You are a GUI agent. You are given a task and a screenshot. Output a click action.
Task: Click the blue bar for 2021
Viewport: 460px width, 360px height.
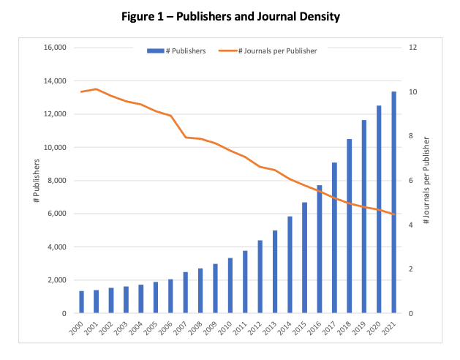(393, 202)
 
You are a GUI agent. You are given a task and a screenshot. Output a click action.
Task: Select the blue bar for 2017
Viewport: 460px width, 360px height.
(334, 238)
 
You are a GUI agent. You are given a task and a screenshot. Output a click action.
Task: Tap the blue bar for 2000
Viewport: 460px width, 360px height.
(82, 302)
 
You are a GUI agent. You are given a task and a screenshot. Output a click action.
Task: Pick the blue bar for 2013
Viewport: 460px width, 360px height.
(275, 272)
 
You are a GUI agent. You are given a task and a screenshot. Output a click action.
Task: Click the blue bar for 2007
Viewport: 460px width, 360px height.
(186, 293)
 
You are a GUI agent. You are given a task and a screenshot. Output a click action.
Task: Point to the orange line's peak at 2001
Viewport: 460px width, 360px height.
(97, 89)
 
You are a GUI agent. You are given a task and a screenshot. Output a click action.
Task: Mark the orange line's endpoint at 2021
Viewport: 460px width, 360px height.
(393, 214)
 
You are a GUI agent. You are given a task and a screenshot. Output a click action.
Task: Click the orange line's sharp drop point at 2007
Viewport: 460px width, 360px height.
(186, 138)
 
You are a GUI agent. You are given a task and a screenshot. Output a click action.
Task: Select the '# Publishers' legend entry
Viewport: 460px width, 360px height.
(176, 50)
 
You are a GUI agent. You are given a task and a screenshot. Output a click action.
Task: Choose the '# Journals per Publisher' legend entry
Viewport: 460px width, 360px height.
(268, 50)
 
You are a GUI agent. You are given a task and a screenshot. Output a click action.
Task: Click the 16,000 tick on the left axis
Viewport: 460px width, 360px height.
(55, 48)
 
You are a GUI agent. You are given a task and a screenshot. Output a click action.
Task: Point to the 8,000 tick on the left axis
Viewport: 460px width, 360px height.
(56, 180)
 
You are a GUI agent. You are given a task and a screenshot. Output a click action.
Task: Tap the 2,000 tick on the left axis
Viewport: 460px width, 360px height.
(56, 280)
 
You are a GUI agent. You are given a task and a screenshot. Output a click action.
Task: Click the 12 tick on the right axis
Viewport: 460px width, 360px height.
(412, 48)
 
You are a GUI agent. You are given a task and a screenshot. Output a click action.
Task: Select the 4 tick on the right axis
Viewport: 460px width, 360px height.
(411, 225)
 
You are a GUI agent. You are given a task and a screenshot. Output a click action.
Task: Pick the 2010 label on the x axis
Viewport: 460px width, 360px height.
(225, 328)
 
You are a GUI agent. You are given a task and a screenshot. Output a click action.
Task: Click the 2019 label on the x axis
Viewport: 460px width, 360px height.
(359, 328)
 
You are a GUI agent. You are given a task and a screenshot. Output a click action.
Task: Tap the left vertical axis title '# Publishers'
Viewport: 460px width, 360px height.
(37, 181)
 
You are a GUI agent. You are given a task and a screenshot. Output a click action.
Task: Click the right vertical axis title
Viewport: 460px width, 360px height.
(426, 180)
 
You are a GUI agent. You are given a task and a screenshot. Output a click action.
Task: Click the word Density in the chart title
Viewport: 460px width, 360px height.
(320, 16)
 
